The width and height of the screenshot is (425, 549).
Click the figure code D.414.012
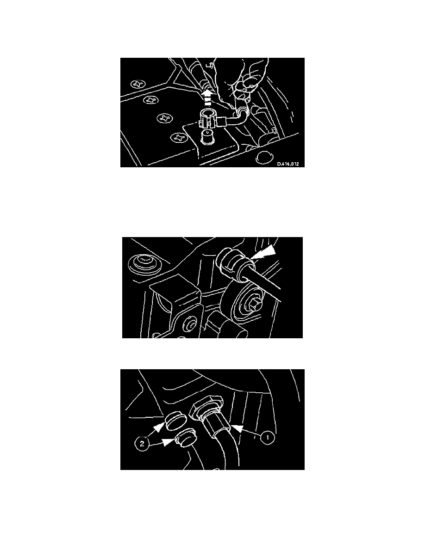[x=288, y=164]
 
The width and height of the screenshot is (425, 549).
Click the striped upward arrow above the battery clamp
[x=207, y=98]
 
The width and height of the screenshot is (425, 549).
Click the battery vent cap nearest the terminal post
[x=179, y=138]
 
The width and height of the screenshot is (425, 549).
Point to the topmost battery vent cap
[x=138, y=84]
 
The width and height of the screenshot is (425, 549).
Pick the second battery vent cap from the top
[x=151, y=100]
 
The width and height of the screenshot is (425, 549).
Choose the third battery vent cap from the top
[x=164, y=118]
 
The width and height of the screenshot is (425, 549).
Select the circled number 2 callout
[x=142, y=444]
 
